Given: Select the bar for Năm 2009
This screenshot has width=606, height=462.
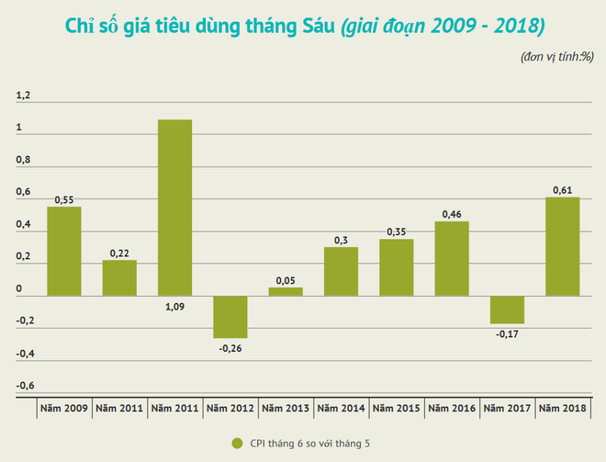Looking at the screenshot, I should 64,251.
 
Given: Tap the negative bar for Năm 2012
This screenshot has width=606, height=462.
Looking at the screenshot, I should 230,316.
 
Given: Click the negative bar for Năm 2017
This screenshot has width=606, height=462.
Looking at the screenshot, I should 507,309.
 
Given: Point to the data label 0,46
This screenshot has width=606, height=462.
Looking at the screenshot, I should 452,213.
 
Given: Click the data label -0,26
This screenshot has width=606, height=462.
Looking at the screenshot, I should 230,348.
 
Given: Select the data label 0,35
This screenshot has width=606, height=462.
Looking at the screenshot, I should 397,231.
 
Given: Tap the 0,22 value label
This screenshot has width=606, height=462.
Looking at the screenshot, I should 119,253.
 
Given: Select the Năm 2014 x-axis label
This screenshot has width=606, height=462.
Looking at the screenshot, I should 341,407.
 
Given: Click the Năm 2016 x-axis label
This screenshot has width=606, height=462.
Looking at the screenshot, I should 452,407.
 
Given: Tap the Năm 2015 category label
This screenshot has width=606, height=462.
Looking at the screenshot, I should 397,407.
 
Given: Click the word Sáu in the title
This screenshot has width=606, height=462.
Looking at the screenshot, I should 311,25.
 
